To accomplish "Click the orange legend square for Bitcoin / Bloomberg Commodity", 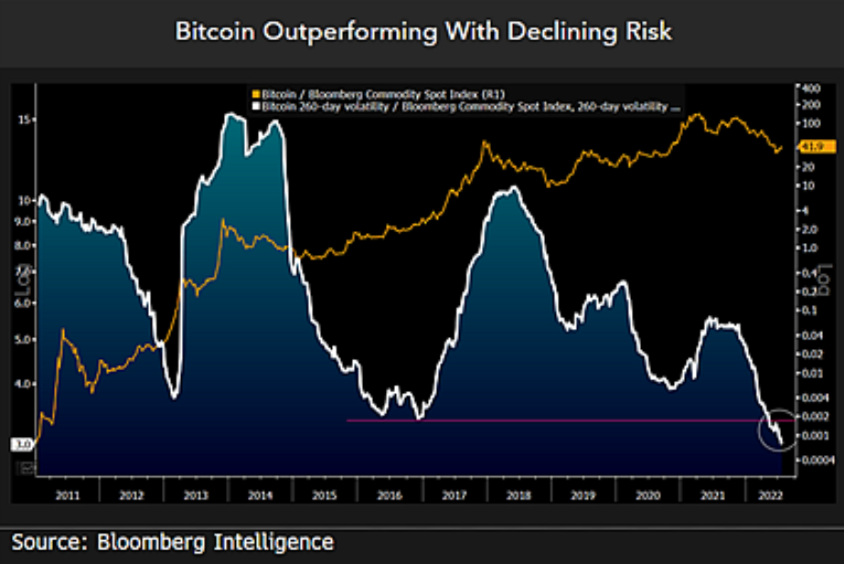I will (x=255, y=94).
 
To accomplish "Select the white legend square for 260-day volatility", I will (x=255, y=106).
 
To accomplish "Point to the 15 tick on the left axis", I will (x=26, y=120).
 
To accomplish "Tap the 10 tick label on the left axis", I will (x=26, y=199).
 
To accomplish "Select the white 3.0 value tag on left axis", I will (x=23, y=444).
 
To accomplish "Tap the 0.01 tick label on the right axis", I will (x=811, y=373).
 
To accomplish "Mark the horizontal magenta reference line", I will (x=549, y=420).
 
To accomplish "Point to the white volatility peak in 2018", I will (x=514, y=188).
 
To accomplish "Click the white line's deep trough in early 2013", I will (x=174, y=395).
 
